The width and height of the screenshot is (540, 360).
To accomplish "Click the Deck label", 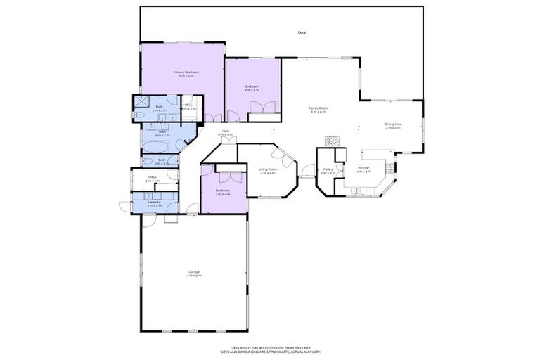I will pyautogui.click(x=302, y=32).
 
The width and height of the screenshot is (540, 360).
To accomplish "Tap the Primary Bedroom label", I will pyautogui.click(x=187, y=72).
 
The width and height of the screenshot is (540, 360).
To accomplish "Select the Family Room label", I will pyautogui.click(x=319, y=108).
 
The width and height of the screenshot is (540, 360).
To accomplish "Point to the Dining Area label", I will pyautogui.click(x=392, y=124).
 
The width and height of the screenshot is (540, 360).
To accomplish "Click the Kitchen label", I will pyautogui.click(x=364, y=168).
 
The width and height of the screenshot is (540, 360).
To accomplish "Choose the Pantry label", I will pyautogui.click(x=328, y=169).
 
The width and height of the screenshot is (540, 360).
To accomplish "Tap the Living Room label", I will pyautogui.click(x=268, y=169).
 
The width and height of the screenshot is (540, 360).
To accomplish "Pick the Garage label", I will pyautogui.click(x=194, y=272).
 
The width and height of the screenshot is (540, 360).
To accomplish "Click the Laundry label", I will pyautogui.click(x=155, y=202).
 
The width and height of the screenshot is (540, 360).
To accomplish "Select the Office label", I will pyautogui.click(x=153, y=177).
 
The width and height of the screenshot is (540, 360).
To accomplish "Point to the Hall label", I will pyautogui.click(x=225, y=130).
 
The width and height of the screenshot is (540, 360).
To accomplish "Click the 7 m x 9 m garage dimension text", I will pyautogui.click(x=194, y=276).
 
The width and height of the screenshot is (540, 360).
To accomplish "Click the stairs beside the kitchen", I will pyautogui.click(x=392, y=170).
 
